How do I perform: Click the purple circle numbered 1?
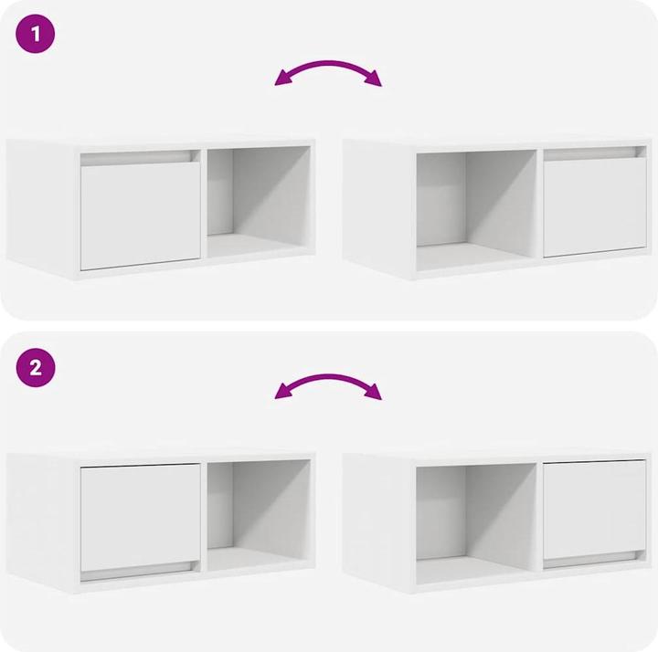(36, 34)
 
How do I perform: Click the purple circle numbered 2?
(36, 367)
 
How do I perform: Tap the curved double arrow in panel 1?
(328, 64)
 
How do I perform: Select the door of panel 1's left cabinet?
(140, 216)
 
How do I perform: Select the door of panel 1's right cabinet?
(595, 207)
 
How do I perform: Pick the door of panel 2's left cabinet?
(140, 518)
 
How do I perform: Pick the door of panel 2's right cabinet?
(595, 510)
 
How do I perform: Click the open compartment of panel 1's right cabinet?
(476, 210)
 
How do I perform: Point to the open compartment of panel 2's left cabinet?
(259, 516)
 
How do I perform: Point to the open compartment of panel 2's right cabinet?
(476, 523)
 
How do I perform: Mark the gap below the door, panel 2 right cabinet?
(595, 560)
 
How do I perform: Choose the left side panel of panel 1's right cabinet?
(377, 207)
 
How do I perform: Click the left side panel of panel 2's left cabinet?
(41, 521)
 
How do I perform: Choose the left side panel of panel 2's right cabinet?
(377, 521)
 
